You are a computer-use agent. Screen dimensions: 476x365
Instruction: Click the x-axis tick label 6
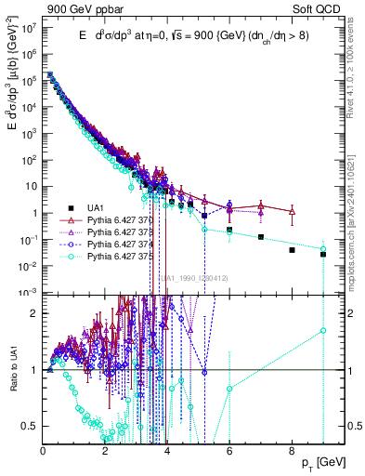pyautogui.click(x=229, y=449)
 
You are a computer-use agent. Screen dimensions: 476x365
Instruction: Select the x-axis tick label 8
pyautogui.click(x=292, y=449)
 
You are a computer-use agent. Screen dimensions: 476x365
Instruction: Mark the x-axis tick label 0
pyautogui.click(x=44, y=449)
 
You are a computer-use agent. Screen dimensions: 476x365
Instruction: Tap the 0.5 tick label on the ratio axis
pyautogui.click(x=31, y=426)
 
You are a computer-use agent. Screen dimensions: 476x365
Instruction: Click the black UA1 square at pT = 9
pyautogui.click(x=323, y=254)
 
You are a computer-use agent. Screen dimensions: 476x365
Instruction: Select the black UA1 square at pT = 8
pyautogui.click(x=292, y=250)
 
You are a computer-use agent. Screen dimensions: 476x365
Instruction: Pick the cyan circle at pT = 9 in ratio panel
pyautogui.click(x=323, y=330)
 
